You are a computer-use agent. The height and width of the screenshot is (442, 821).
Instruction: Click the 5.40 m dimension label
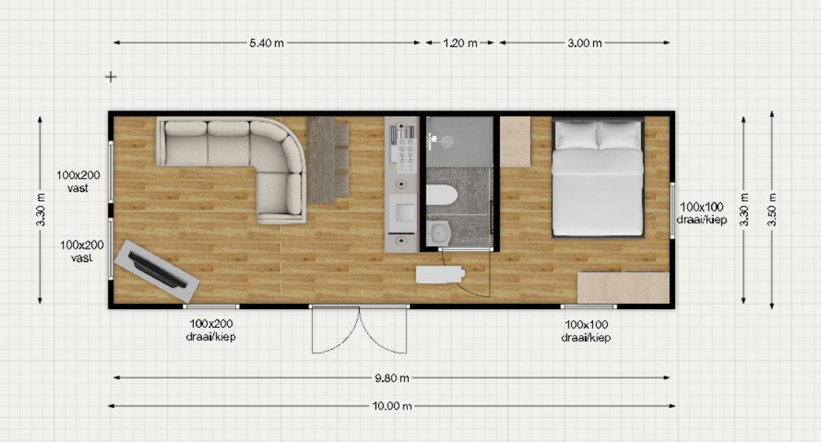pos(266,43)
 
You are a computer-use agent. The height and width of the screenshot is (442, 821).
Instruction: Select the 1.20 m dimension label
pos(460,43)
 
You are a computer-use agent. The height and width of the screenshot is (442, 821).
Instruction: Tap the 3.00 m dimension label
pos(584,43)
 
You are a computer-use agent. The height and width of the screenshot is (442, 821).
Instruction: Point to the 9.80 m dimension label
pos(392,378)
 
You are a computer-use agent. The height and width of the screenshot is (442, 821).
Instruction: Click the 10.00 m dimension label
pos(392,406)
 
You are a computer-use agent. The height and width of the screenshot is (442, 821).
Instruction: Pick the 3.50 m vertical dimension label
pos(772,210)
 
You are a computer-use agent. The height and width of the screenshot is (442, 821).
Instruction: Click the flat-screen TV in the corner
pos(156,270)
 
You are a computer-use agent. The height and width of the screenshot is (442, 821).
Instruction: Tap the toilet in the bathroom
pos(441,195)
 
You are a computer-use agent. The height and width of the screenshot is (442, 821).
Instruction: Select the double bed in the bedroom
pos(598,178)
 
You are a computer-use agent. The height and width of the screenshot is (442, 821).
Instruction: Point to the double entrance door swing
pos(359,330)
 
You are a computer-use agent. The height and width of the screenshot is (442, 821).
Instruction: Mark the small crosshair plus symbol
pos(111,77)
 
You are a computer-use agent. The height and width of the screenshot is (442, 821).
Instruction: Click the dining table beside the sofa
pos(321,159)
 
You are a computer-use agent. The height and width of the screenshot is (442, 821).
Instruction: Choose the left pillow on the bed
pos(575,134)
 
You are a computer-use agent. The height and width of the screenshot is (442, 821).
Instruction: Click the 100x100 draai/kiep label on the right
pos(702,213)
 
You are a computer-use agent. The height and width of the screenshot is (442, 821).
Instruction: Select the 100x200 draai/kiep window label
pos(211,331)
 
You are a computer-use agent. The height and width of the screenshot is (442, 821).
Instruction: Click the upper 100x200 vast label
pos(78,182)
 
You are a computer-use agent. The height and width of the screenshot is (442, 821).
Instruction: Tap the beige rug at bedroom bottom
pos(623,288)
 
